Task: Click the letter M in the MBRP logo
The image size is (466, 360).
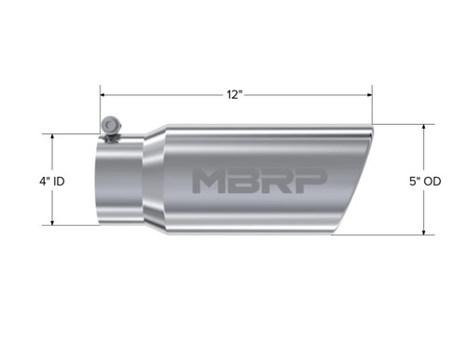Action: click(211, 181)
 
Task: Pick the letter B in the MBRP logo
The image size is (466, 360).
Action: click(246, 181)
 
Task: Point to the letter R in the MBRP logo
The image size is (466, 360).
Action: click(278, 181)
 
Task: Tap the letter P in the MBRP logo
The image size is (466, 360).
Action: click(309, 181)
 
